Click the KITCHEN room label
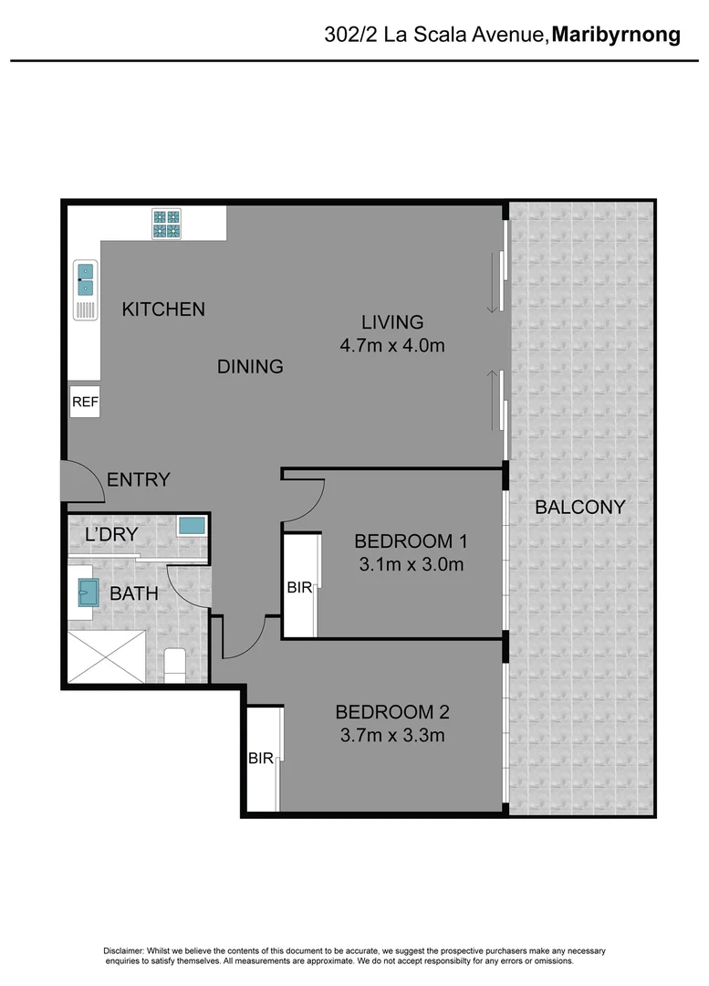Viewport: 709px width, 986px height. [163, 309]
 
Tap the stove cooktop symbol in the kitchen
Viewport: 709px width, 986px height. [166, 225]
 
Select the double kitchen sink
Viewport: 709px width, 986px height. [85, 278]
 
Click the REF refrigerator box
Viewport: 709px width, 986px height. [85, 402]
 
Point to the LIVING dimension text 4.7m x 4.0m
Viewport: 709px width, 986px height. [391, 346]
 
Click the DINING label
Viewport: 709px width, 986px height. [250, 367]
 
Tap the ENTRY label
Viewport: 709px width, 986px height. [138, 479]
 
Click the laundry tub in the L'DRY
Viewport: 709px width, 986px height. [192, 527]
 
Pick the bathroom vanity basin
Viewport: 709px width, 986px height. [89, 593]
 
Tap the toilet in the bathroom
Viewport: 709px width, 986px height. [174, 664]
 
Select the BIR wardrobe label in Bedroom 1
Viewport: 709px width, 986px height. [299, 589]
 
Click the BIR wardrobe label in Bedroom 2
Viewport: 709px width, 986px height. [261, 758]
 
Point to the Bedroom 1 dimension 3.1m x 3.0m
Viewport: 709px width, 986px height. [411, 564]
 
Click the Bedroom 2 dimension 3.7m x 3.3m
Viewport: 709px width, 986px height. [391, 735]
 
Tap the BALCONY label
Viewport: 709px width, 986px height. [579, 507]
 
